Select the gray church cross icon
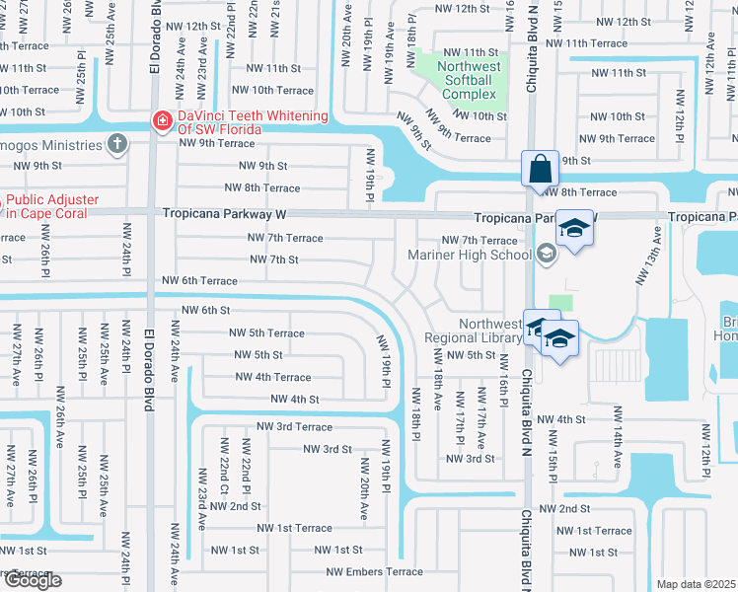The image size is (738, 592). [117, 145]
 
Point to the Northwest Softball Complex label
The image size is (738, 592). [471, 80]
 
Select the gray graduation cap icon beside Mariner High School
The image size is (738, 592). [545, 255]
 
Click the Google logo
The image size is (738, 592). [32, 581]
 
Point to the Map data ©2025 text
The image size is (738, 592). [696, 584]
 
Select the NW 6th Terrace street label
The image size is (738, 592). [200, 281]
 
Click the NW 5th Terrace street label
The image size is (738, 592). [266, 333]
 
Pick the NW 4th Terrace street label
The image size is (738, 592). [272, 377]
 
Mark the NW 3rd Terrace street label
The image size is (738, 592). [294, 426]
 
